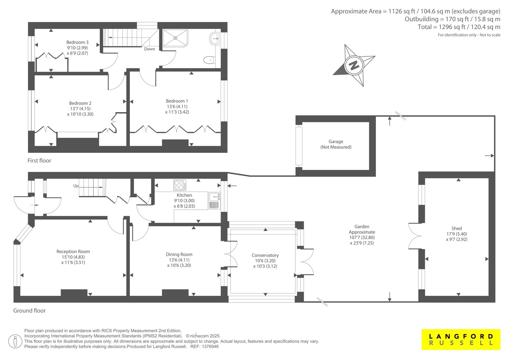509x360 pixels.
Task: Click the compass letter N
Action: click(354, 66)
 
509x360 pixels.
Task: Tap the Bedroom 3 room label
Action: click(77, 42)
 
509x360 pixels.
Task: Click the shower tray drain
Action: click(175, 38)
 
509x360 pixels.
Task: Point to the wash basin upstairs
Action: click(214, 39)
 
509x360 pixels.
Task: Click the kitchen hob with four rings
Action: click(180, 185)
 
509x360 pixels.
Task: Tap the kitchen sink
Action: click(214, 201)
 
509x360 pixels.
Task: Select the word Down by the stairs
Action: click(150, 49)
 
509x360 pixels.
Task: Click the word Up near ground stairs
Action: click(76, 186)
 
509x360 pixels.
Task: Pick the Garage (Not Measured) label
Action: click(336, 144)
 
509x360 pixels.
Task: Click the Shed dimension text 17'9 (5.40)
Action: click(457, 234)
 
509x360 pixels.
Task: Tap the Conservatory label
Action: click(265, 255)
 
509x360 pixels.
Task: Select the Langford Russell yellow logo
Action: click(461, 339)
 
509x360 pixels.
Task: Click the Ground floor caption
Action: click(29, 310)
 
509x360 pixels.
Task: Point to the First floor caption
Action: click(39, 160)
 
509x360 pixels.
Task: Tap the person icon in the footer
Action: click(15, 341)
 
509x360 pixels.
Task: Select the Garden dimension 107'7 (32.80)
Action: click(362, 237)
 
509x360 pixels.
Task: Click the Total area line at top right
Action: click(459, 27)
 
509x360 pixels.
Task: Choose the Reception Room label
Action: click(73, 251)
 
